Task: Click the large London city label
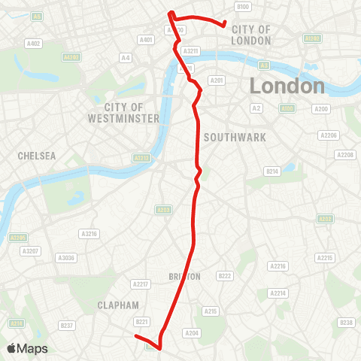pos(287,86)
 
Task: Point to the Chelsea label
pos(37,156)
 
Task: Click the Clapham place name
pos(118,305)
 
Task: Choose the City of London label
pos(250,34)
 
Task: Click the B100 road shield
pos(242,7)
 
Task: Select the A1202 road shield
pos(312,36)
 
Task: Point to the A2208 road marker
pos(346,155)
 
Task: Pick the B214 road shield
pos(272,171)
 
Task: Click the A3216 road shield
pos(89,234)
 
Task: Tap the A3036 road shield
pos(66,257)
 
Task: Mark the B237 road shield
pos(66,325)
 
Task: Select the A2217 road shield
pos(140,284)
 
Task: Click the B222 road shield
pos(224,276)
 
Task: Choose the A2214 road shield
pos(278,293)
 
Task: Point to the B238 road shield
pos(346,323)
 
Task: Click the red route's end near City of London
pos(225,25)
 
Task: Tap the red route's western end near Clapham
pos(136,337)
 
